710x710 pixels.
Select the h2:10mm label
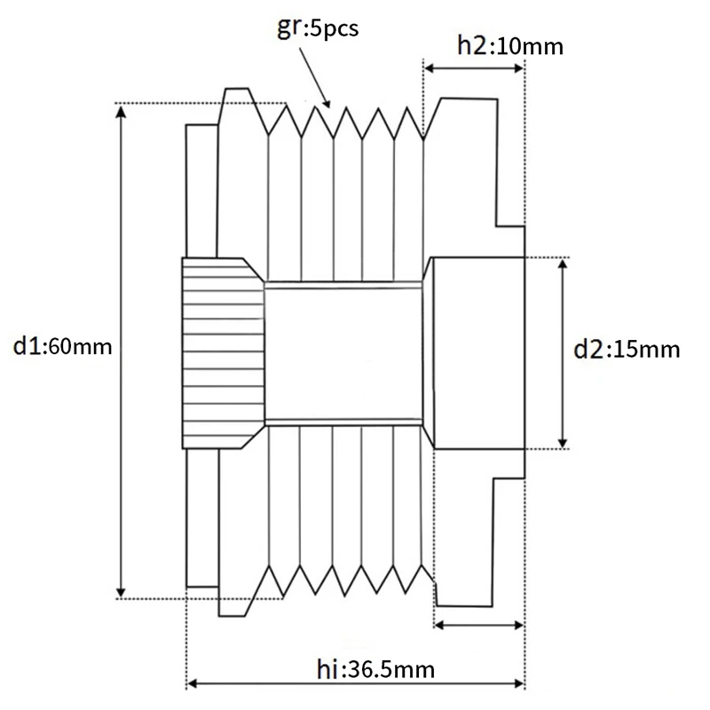pos(509,46)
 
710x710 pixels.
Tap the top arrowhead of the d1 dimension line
pos(120,109)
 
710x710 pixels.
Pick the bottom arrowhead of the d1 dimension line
pos(120,593)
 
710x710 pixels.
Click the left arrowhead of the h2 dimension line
pos(429,68)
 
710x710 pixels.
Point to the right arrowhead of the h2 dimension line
pos(520,68)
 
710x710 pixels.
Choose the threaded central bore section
pos(343,352)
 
